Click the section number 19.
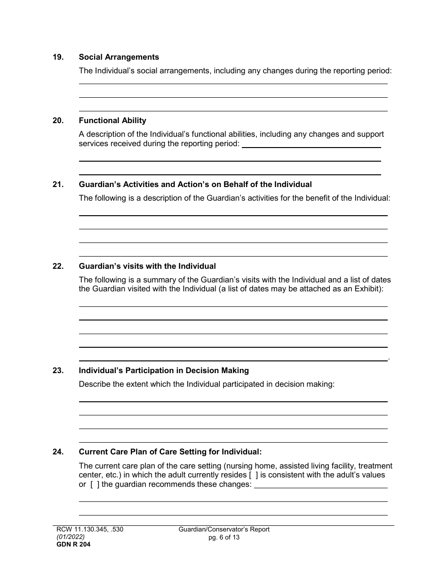click(58, 57)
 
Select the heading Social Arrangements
click(119, 57)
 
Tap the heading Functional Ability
click(112, 121)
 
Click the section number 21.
click(58, 185)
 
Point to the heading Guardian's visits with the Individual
click(147, 266)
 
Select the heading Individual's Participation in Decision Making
click(164, 371)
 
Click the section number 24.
click(58, 452)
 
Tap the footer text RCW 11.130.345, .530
click(89, 530)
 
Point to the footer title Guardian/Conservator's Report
click(224, 530)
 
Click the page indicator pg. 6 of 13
click(224, 537)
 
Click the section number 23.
click(58, 371)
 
